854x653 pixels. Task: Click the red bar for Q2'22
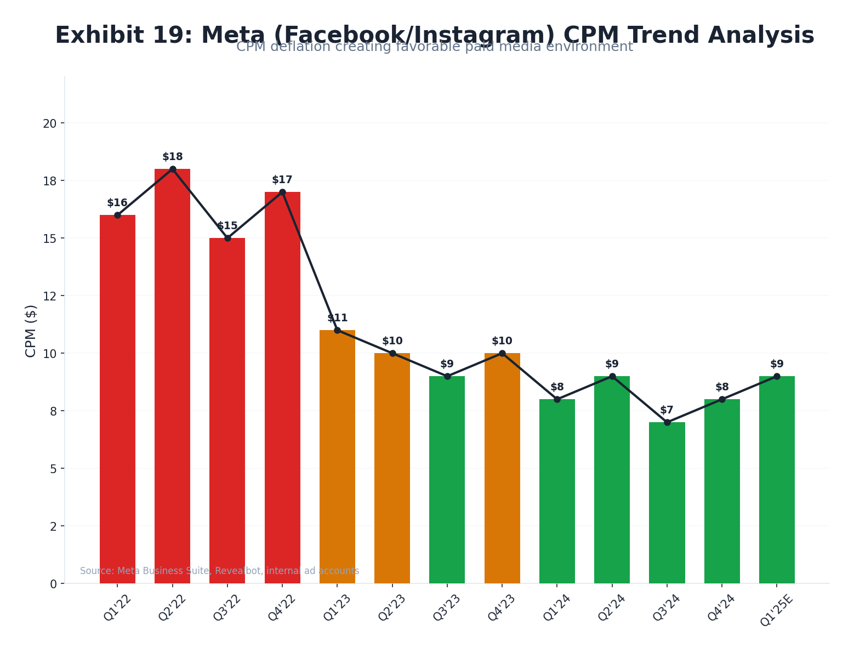172,376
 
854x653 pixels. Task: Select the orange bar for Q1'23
337,457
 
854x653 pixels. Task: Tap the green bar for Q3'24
667,503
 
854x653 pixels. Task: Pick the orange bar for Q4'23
502,468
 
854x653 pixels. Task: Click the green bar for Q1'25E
776,480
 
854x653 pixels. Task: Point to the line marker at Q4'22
282,192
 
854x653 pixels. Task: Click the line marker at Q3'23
447,376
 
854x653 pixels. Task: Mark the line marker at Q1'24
557,399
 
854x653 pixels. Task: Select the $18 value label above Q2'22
172,157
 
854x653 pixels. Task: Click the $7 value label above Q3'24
667,410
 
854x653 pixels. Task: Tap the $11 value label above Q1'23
337,318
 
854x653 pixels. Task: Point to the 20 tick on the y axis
50,123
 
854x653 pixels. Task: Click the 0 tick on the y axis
53,584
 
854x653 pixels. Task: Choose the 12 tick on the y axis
50,296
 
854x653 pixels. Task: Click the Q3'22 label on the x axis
226,607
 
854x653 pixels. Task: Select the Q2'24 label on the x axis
611,607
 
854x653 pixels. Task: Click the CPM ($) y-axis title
31,331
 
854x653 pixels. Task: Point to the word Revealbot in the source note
239,571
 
